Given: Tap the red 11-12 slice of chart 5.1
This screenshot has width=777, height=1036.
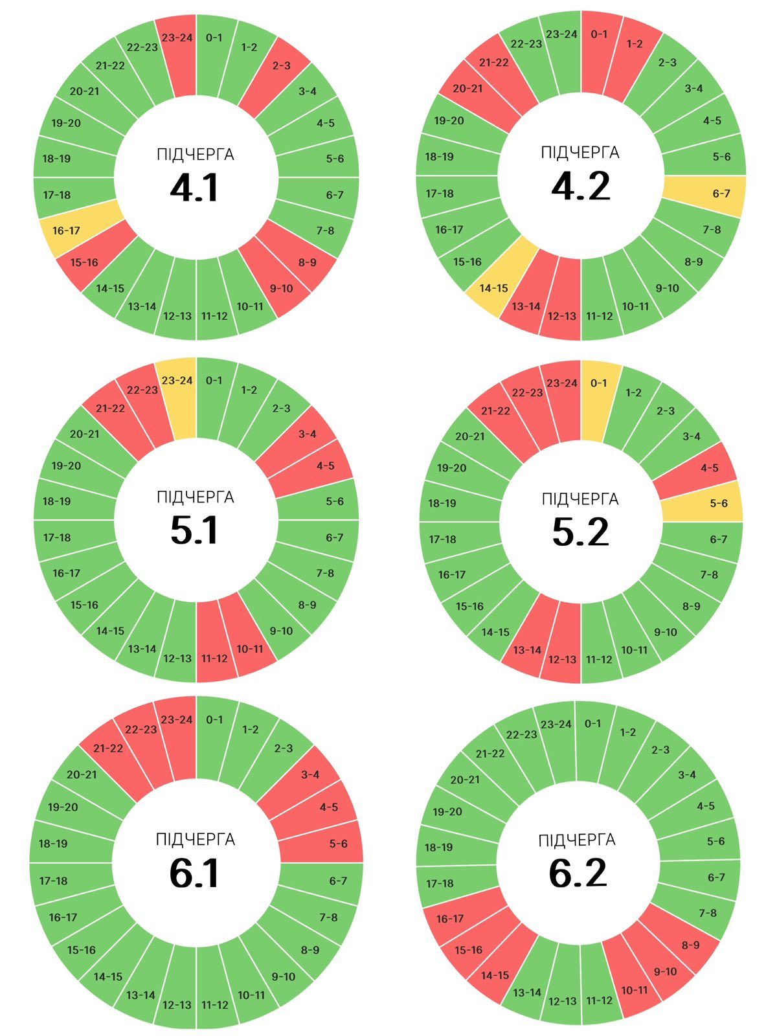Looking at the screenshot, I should pyautogui.click(x=215, y=651).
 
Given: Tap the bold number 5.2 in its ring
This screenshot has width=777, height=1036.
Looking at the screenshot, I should pyautogui.click(x=581, y=532).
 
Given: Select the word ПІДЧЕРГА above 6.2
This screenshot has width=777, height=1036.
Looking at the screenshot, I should pyautogui.click(x=577, y=840).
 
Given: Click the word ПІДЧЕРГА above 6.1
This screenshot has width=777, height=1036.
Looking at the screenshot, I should pyautogui.click(x=195, y=840).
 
